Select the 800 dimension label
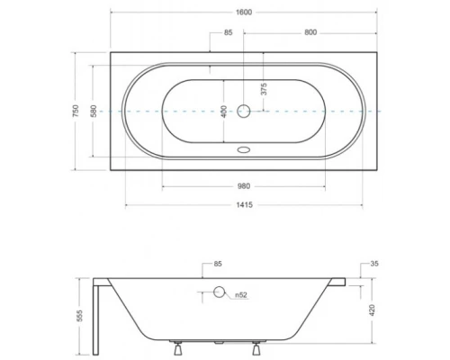pos(310,32)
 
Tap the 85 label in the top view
pos(228,32)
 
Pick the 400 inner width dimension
pos(223,111)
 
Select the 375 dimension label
pos(264,88)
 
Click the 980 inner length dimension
pos(245,185)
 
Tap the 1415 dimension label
pos(245,204)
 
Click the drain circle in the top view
pos(245,112)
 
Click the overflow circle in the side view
pos(219,292)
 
